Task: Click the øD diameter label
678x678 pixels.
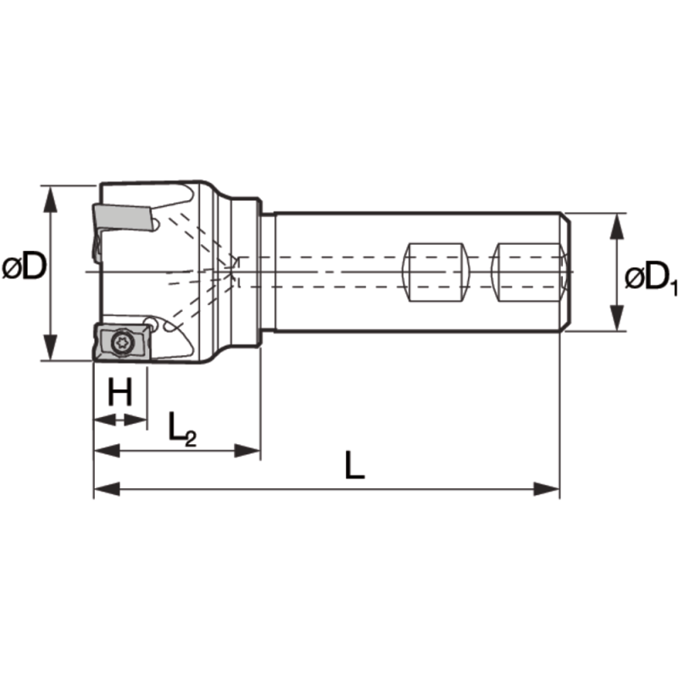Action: coord(24,270)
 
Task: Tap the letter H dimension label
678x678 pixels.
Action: coord(121,392)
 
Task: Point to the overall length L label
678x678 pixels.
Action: coord(355,466)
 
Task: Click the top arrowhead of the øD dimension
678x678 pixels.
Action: coord(52,195)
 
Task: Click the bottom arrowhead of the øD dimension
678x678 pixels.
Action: coord(52,351)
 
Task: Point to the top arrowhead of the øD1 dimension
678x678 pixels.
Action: coord(618,222)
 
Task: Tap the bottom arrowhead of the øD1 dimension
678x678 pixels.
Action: coord(618,321)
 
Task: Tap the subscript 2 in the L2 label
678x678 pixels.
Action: coord(191,438)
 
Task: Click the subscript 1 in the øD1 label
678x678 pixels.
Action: coord(673,288)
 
